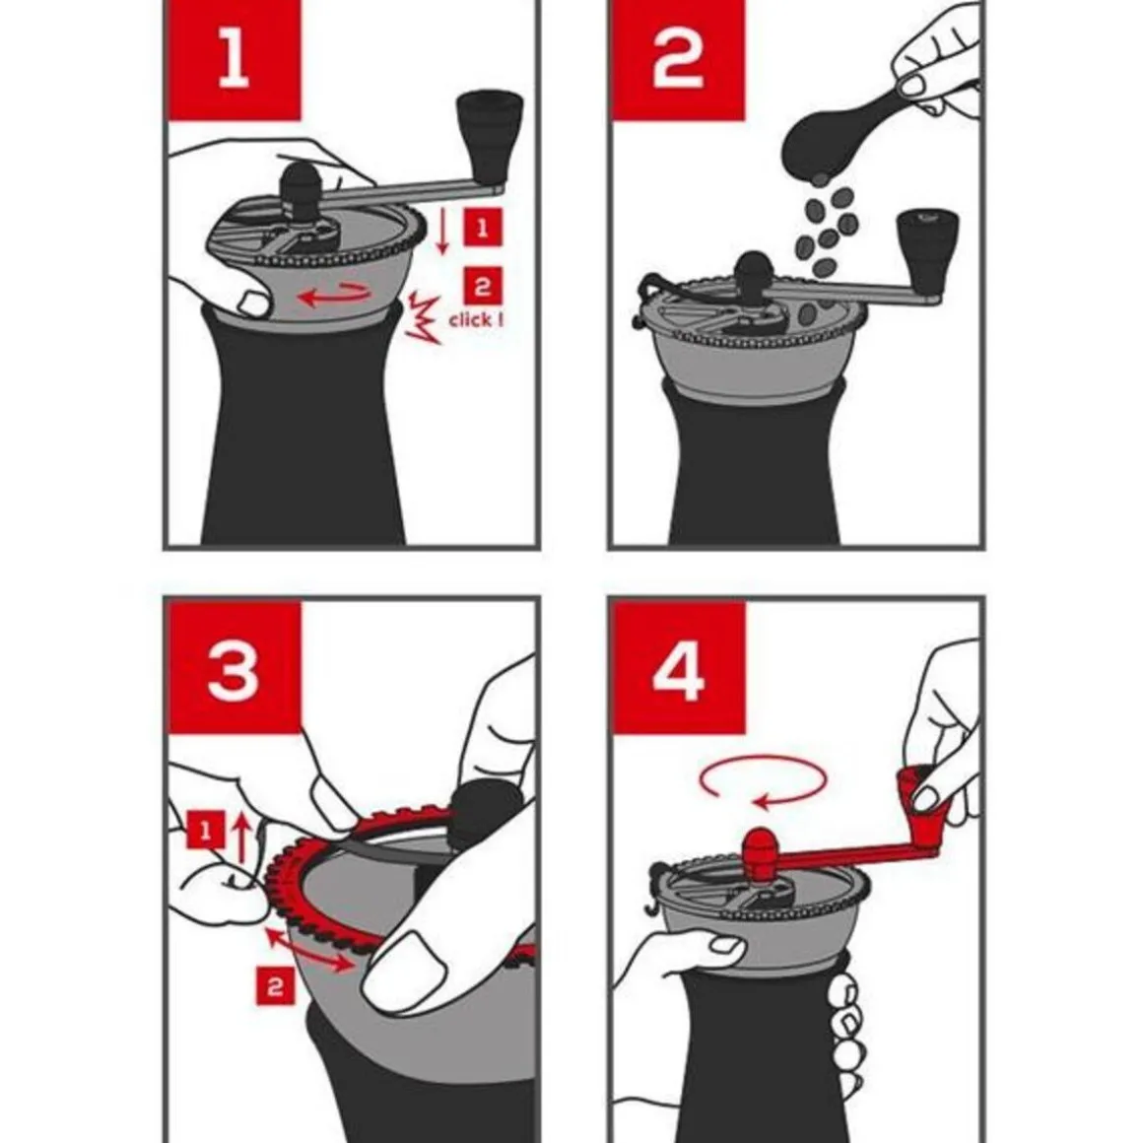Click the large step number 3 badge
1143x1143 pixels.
[x=234, y=666]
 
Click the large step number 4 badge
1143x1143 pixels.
[x=678, y=666]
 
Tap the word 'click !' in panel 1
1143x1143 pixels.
[x=476, y=319]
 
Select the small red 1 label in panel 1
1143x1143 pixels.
[x=482, y=229]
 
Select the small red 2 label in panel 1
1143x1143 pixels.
[x=482, y=287]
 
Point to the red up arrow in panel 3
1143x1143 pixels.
[x=242, y=839]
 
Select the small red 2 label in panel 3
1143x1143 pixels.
[x=276, y=986]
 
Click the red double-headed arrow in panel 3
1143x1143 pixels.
[x=309, y=950]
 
